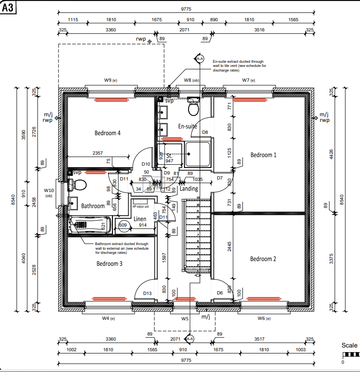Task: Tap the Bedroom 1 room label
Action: pyautogui.click(x=263, y=155)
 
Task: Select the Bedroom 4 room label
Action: pyautogui.click(x=107, y=133)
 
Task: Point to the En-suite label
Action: pyautogui.click(x=188, y=126)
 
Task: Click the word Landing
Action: pyautogui.click(x=189, y=189)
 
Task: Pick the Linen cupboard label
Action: pyautogui.click(x=140, y=219)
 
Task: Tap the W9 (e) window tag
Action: pyautogui.click(x=110, y=80)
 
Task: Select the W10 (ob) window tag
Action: pyautogui.click(x=49, y=192)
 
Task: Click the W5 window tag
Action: pyautogui.click(x=185, y=318)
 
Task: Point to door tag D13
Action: pyautogui.click(x=148, y=293)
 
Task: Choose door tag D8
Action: pyautogui.click(x=205, y=132)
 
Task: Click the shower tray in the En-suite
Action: pyautogui.click(x=197, y=155)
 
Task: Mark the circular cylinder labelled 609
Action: pyautogui.click(x=123, y=225)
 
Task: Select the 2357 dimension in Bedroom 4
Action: pyautogui.click(x=97, y=153)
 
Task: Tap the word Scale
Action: pyautogui.click(x=349, y=345)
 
